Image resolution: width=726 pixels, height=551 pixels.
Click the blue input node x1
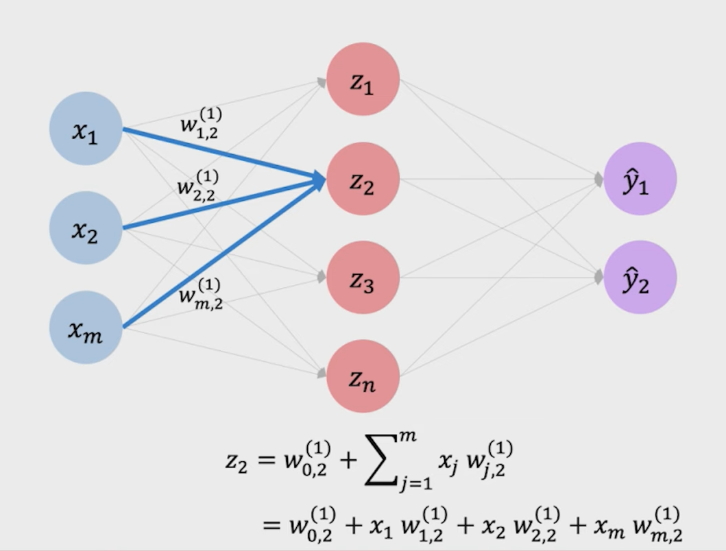click(x=86, y=129)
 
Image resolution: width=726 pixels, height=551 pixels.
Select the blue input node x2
click(x=86, y=228)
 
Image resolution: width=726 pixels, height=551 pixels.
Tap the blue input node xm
click(x=86, y=327)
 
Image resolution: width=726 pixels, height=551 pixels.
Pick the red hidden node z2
click(x=363, y=179)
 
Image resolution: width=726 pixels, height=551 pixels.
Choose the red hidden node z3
click(x=363, y=278)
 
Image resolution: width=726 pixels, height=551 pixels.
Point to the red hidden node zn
click(x=363, y=376)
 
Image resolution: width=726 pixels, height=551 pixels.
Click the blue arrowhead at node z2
click(x=319, y=180)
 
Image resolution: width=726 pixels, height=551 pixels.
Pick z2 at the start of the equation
click(x=235, y=460)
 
